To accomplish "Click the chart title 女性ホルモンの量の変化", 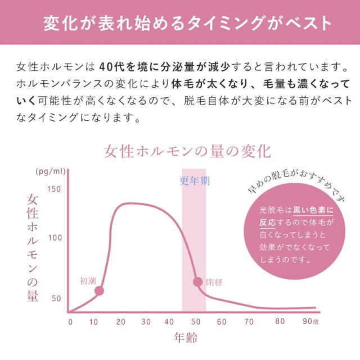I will tap(187, 151).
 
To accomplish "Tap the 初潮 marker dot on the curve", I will tap(100, 291).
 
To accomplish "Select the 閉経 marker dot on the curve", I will tap(197, 282).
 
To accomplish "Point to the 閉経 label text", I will tap(214, 281).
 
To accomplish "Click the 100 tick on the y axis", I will tap(54, 238).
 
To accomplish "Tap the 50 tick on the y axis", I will tap(56, 298).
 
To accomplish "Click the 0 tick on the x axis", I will tap(70, 322).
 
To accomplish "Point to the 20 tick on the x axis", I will tap(120, 322).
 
